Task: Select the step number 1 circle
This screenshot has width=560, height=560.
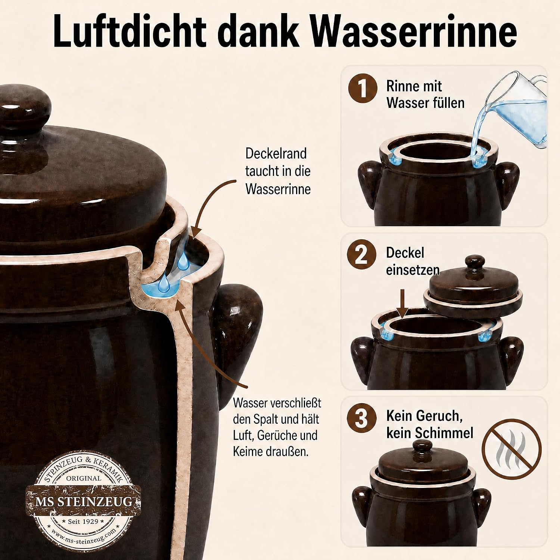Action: tap(362, 88)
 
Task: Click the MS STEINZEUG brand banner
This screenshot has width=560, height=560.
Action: tap(84, 501)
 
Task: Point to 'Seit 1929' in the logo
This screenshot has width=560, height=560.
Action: tap(83, 521)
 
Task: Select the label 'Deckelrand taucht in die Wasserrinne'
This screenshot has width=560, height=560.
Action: tap(278, 171)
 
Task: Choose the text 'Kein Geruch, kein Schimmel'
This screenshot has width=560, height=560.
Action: tap(429, 424)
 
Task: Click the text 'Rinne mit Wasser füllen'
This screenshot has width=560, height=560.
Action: tap(425, 94)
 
